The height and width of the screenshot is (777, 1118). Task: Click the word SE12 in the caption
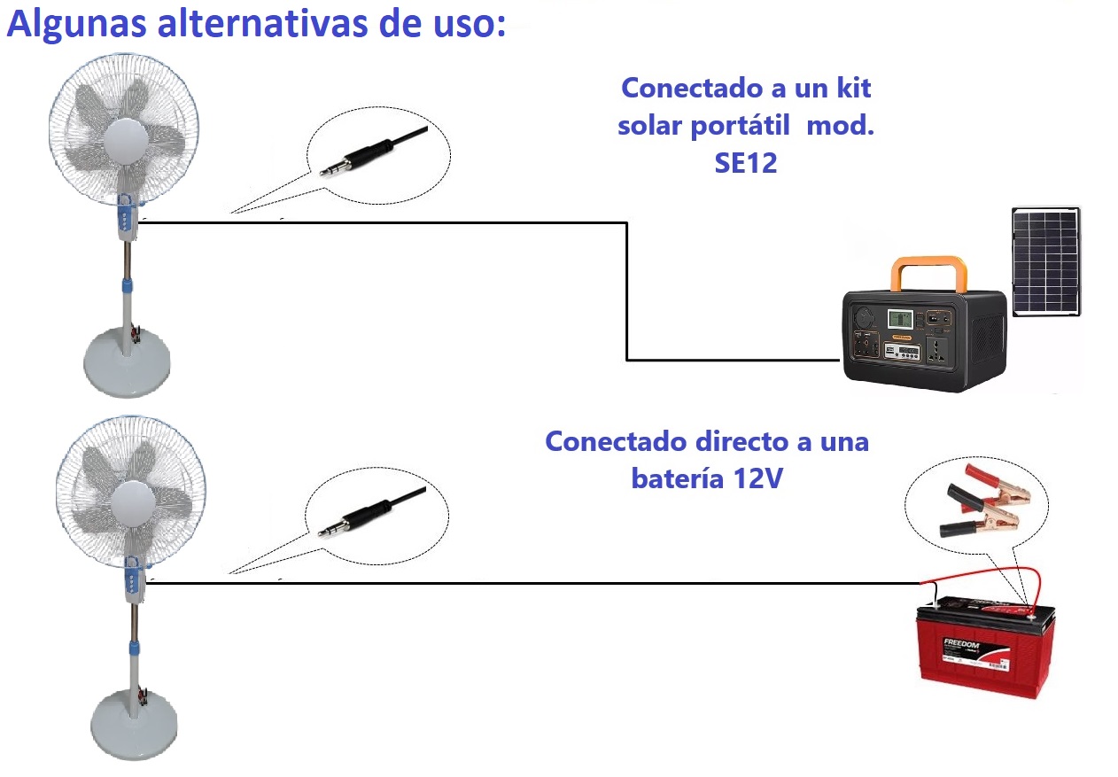tap(745, 163)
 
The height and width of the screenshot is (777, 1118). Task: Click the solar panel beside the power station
tap(1045, 261)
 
